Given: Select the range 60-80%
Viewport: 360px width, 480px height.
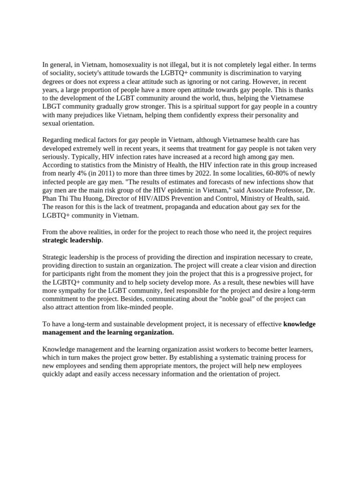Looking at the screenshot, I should pyautogui.click(x=265, y=173).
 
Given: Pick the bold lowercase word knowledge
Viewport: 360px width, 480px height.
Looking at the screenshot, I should pyautogui.click(x=300, y=324).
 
